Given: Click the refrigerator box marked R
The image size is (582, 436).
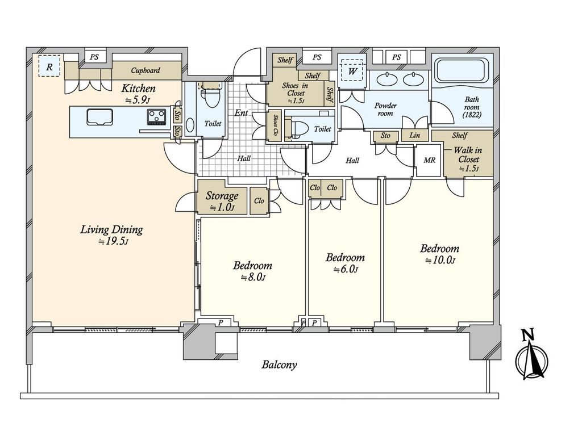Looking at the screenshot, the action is (49, 66).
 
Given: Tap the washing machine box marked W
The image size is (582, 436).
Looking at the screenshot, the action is (352, 71).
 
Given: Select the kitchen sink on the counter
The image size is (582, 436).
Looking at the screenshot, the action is (99, 117).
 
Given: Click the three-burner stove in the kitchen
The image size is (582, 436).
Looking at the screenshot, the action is (156, 117).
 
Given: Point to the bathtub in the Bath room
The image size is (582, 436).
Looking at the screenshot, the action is (462, 72).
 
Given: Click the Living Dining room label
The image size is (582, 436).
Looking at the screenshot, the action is (112, 234).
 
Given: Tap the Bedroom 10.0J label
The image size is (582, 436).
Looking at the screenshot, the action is (439, 254).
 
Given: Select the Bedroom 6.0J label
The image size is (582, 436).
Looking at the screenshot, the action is (345, 262).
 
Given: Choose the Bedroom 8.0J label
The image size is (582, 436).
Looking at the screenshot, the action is (252, 271).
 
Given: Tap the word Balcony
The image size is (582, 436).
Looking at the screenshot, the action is (279, 365).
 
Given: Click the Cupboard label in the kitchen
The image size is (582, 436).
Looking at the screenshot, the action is (145, 70).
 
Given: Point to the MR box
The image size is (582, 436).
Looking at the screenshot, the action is (430, 161).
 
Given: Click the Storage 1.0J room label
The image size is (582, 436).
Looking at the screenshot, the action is (222, 200).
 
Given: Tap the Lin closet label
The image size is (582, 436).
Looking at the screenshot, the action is (414, 135).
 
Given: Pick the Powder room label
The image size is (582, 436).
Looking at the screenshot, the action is (385, 110).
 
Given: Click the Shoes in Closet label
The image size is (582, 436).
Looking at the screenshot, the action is (296, 93).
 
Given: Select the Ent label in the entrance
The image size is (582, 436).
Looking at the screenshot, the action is (241, 113).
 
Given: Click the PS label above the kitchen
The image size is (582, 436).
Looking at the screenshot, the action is (94, 57).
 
